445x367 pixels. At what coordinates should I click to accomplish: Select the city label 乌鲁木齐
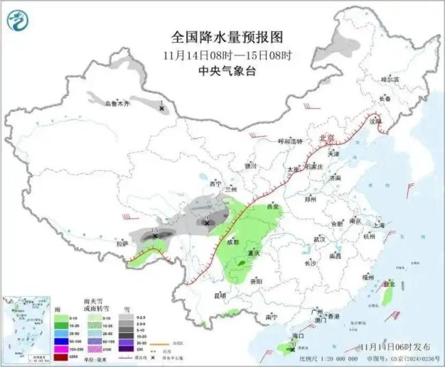click(x=117, y=103)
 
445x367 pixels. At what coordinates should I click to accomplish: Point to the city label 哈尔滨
click(x=390, y=80)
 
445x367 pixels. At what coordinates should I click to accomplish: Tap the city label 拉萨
click(x=123, y=243)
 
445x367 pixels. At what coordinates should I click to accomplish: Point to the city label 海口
click(x=297, y=336)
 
